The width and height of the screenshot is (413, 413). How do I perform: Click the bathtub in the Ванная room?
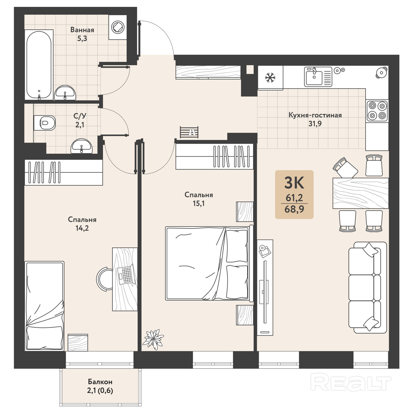pyautogui.click(x=39, y=65)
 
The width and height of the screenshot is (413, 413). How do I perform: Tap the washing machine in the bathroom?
pyautogui.click(x=118, y=27)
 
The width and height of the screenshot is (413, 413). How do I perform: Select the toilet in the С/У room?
pyautogui.click(x=45, y=123)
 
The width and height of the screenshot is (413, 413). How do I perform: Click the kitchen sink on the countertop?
pyautogui.click(x=318, y=77)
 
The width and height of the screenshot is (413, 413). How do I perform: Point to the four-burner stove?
pyautogui.click(x=377, y=110)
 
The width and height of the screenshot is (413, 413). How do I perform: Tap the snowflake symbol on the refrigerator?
pyautogui.click(x=270, y=77)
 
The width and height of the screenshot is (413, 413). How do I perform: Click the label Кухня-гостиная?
pyautogui.click(x=315, y=115)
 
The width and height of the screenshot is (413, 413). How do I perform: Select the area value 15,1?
pyautogui.click(x=199, y=204)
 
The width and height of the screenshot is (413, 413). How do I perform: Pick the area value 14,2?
pyautogui.click(x=82, y=228)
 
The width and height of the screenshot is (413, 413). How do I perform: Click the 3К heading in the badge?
pyautogui.click(x=294, y=183)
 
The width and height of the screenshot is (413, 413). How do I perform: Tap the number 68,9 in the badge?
pyautogui.click(x=294, y=209)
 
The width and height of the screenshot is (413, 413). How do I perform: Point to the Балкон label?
pyautogui.click(x=100, y=382)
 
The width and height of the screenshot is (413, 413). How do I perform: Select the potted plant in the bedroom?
pyautogui.click(x=153, y=339)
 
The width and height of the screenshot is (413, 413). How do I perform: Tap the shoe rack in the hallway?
pyautogui.click(x=189, y=132)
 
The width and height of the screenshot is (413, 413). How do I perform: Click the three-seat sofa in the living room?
pyautogui.click(x=367, y=288)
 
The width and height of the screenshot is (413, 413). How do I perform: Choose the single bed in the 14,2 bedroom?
pyautogui.click(x=44, y=306)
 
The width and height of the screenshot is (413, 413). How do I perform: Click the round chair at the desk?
pyautogui.click(x=104, y=279)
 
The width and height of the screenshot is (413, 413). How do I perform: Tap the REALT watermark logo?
pyautogui.click(x=351, y=382)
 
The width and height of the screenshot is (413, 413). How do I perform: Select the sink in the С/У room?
pyautogui.click(x=81, y=146)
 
